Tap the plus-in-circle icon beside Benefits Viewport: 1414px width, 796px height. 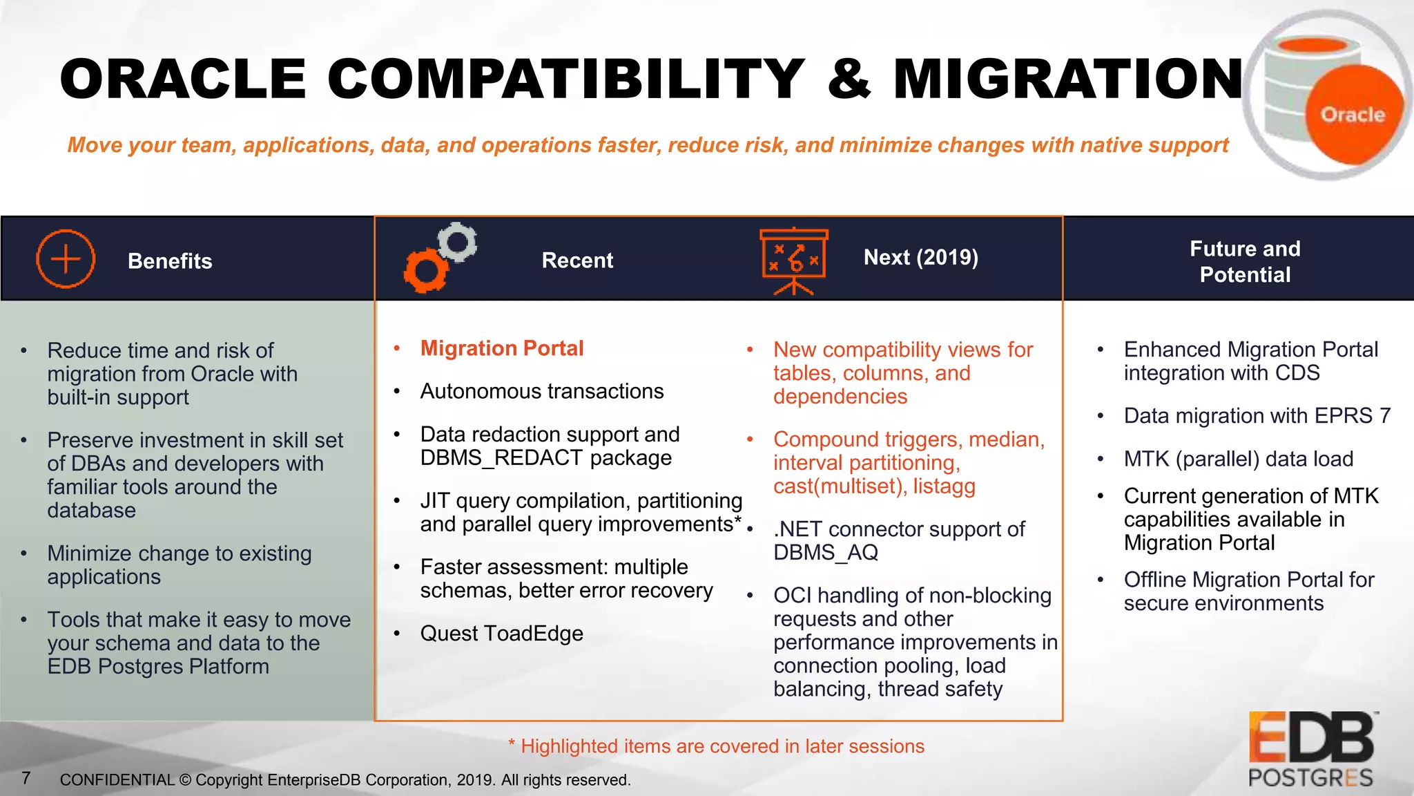66,259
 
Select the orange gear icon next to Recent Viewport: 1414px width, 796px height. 425,271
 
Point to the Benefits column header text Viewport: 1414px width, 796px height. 170,261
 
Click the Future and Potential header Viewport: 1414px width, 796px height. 1245,261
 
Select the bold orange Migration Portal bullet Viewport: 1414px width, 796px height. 502,348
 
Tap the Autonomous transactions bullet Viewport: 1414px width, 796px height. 542,391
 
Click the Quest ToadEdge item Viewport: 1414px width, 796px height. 501,633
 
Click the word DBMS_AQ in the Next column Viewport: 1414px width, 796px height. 825,553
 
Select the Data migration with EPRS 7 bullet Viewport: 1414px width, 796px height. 1257,416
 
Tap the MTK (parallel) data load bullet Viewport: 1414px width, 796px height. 1238,459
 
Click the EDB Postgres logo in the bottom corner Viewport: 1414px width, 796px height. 1311,750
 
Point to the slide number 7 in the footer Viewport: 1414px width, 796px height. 26,778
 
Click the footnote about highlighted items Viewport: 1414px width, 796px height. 716,746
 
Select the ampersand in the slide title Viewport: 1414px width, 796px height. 850,79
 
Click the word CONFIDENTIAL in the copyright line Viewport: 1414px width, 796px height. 117,780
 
